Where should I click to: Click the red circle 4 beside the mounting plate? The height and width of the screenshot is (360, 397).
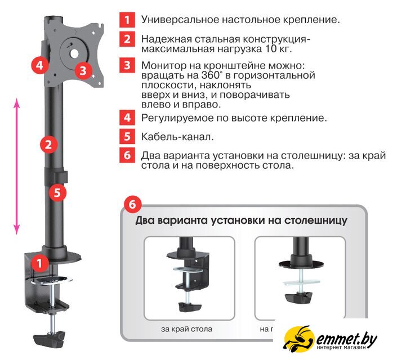point(40,65)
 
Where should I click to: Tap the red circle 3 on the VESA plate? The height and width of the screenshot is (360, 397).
point(83,70)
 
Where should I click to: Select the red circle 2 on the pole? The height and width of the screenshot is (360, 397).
point(48,145)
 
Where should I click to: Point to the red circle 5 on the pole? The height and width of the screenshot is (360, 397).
point(57,193)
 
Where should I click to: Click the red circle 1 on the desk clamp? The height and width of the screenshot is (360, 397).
point(40,263)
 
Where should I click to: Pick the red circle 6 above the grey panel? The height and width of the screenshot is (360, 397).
point(132,204)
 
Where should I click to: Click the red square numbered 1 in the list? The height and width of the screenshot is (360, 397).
point(127,20)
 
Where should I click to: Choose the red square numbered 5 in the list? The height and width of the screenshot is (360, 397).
point(127,136)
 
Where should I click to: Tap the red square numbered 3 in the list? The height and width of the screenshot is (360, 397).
point(127,65)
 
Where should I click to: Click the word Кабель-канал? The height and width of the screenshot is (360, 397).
point(177,137)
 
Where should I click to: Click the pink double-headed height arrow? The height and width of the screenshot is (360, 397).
point(17,166)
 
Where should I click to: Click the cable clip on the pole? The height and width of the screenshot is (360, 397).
point(56,175)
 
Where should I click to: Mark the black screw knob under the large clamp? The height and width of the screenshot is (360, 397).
point(49,339)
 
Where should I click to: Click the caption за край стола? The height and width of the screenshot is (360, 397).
point(186,329)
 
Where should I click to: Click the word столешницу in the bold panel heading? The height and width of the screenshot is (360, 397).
point(316,220)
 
